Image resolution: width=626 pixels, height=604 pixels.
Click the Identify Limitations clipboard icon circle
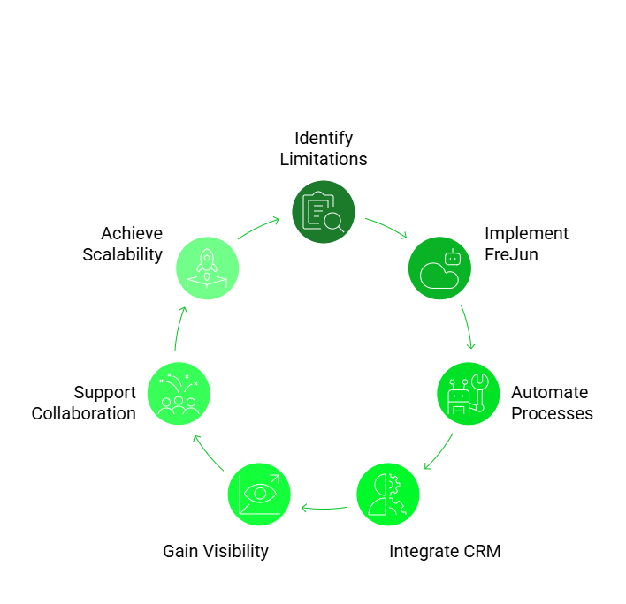324,212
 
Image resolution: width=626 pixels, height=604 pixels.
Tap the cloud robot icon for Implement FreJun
439,268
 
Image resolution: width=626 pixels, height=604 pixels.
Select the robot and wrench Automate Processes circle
469,394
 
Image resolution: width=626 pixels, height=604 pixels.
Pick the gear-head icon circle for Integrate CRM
388,495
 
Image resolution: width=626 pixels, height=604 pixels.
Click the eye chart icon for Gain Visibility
259,495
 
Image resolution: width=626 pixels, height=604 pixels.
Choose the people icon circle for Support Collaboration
179,394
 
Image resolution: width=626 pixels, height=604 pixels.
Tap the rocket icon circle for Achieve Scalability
208,268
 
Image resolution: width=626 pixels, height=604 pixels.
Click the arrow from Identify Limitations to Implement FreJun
386,227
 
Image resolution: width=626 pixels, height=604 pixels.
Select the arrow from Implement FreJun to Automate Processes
468,327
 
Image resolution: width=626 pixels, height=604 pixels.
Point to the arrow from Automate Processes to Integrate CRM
439,451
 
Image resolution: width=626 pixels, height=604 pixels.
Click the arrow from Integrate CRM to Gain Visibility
324,508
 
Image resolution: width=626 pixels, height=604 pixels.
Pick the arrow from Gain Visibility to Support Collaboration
209,451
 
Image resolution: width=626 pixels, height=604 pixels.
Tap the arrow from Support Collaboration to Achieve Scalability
179,328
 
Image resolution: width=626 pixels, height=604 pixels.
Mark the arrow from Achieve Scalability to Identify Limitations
259,227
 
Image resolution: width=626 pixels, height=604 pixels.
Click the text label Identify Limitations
324,148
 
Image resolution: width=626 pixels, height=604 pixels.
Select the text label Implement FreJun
525,244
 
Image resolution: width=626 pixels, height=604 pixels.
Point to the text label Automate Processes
551,403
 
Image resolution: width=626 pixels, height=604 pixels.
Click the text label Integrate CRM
446,552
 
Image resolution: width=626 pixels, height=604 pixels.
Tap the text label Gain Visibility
216,552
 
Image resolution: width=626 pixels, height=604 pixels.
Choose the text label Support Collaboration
85,403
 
